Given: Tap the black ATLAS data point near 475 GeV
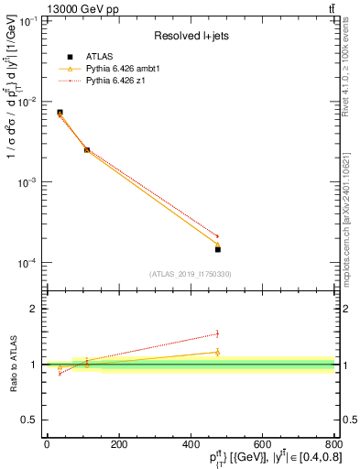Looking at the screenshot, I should point(218,249).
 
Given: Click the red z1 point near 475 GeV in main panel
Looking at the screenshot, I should point(217,235).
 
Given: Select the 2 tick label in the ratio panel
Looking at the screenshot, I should point(33,309).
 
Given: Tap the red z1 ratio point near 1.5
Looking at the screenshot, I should point(217,333).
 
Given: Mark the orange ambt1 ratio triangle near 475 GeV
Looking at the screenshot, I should point(217,352).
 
